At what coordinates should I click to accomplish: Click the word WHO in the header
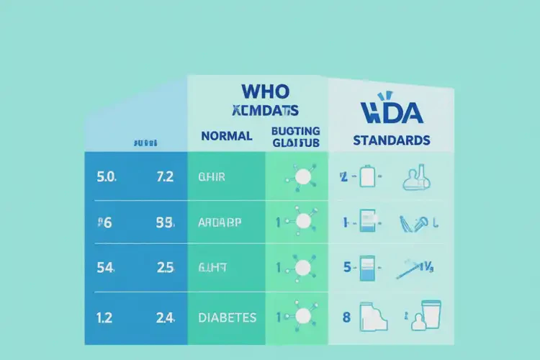(266, 91)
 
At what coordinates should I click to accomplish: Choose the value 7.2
(165, 176)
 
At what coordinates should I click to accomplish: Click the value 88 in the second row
(165, 222)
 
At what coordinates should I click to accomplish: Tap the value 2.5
(165, 269)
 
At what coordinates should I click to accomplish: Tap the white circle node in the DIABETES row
(302, 315)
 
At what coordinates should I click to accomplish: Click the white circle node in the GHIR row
(302, 176)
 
